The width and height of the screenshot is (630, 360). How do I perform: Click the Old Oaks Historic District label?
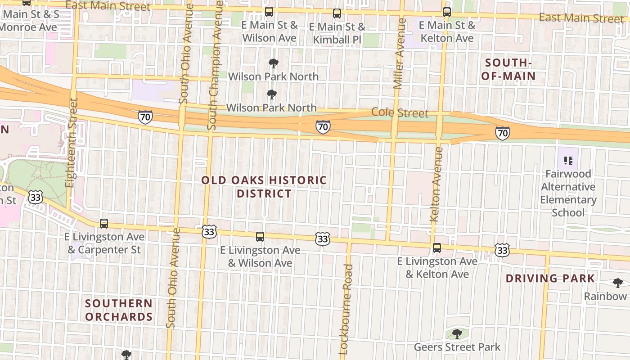click(264, 187)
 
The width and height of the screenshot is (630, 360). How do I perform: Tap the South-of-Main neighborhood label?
click(508, 69)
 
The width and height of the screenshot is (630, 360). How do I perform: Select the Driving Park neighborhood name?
click(550, 278)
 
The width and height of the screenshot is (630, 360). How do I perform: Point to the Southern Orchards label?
click(119, 310)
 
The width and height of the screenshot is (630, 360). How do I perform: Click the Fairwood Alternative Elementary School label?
click(568, 193)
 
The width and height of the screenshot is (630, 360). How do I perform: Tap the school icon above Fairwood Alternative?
click(568, 160)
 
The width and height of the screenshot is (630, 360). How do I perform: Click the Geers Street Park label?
click(457, 347)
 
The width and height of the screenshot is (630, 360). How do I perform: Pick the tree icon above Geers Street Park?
click(457, 334)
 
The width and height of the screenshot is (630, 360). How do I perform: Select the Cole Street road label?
click(400, 113)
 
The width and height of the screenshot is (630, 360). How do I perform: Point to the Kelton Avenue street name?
click(436, 184)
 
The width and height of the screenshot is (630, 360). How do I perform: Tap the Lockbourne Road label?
click(346, 310)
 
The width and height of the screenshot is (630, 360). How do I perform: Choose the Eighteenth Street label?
click(72, 143)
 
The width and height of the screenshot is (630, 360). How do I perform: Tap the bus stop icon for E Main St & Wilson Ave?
click(269, 12)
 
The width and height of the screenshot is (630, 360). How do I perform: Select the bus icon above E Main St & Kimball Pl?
click(337, 13)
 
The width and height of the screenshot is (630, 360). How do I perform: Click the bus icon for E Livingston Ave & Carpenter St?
click(104, 223)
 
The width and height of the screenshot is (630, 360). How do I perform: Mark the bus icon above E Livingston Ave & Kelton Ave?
click(436, 247)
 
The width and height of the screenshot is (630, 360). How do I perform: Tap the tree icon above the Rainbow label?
click(617, 283)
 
